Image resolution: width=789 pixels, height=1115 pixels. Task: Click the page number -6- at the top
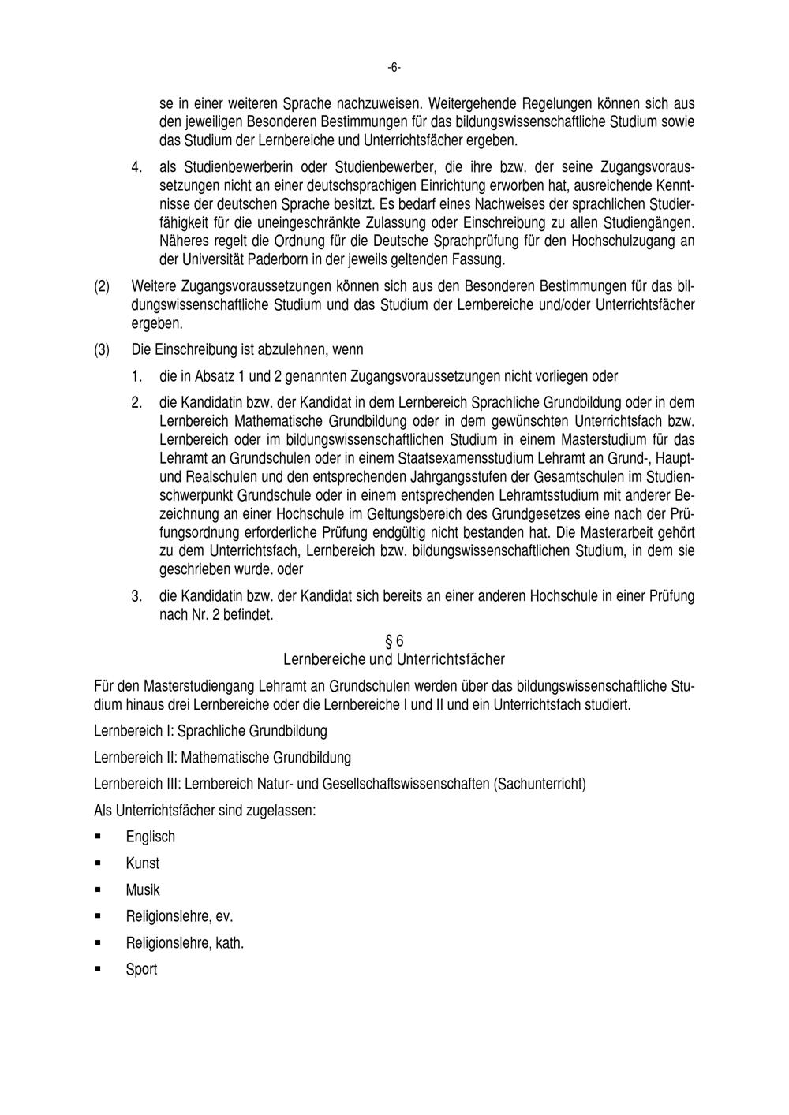(x=394, y=68)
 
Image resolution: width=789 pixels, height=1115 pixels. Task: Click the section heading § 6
(x=394, y=641)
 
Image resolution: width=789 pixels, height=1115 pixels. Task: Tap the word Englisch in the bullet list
(x=150, y=837)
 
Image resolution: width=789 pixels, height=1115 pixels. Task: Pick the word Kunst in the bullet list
(x=142, y=863)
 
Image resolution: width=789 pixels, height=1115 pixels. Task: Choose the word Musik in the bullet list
(x=142, y=890)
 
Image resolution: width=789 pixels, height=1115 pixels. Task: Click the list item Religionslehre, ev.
(x=179, y=917)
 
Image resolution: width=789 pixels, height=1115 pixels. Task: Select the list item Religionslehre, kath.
(x=185, y=943)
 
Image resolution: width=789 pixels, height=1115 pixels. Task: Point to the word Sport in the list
(x=141, y=970)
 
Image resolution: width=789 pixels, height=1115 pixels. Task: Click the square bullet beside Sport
(x=98, y=969)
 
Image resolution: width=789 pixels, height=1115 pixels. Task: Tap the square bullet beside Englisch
(x=98, y=836)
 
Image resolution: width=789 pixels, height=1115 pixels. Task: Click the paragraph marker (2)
(x=102, y=286)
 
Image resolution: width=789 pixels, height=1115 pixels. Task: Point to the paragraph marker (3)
(x=102, y=349)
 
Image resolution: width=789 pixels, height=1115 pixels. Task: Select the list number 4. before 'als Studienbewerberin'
(x=136, y=168)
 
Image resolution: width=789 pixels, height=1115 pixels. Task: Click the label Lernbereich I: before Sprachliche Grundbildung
(x=133, y=731)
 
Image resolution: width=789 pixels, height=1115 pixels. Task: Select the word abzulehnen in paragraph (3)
(x=274, y=349)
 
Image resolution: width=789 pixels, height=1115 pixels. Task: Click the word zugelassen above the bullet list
(x=282, y=810)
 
